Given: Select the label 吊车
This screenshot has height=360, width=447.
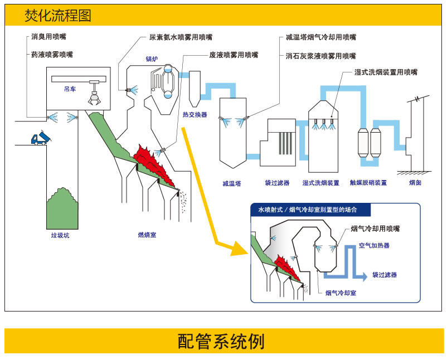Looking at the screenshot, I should [x=70, y=89].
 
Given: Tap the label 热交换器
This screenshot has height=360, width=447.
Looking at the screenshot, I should [x=195, y=115].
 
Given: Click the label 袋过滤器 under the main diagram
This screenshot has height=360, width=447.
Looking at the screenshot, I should [x=277, y=183].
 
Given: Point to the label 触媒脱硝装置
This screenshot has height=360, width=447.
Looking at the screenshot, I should [x=368, y=183].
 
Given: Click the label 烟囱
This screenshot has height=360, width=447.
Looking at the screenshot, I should [x=415, y=183].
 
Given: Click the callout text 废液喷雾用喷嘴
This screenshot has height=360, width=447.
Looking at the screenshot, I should [x=234, y=55].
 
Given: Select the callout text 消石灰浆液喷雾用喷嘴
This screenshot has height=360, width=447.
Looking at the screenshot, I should [x=320, y=56].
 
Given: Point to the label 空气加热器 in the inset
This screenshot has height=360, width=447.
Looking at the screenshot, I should [x=374, y=245].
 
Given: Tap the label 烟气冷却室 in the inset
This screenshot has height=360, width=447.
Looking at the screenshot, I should [x=341, y=293].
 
